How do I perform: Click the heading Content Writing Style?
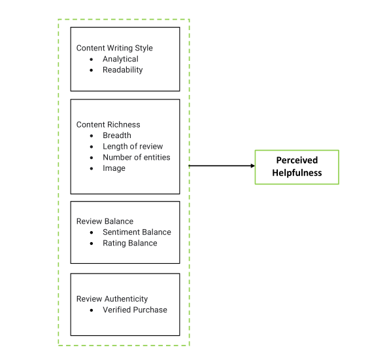point(114,48)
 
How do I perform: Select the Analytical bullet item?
point(120,59)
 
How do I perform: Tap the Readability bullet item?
point(122,69)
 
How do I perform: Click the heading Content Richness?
point(108,124)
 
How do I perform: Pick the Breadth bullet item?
point(116,135)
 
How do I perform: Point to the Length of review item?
point(133,146)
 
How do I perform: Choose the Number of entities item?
point(136,157)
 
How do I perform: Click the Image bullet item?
point(114,168)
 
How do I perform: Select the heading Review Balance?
point(104,221)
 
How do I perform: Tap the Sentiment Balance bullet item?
point(137,232)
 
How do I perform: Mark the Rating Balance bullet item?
point(129,243)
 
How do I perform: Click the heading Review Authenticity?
point(112,298)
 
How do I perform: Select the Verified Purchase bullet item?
point(135,310)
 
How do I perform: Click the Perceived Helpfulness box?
point(297,167)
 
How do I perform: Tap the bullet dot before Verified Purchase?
point(92,310)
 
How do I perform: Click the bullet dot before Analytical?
point(92,60)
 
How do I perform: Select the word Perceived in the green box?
point(297,160)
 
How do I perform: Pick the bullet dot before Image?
point(92,169)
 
